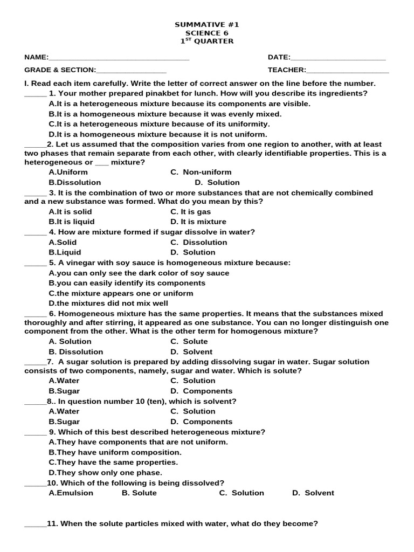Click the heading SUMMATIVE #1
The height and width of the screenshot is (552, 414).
tap(207, 25)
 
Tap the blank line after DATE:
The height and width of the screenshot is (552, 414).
tap(338, 58)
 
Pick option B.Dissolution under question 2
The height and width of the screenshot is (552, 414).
tap(74, 182)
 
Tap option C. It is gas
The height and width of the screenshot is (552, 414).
tap(191, 212)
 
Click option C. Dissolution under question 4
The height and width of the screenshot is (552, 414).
tap(199, 242)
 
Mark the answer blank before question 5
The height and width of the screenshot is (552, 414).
tap(36, 264)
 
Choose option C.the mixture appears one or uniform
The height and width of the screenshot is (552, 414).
tap(121, 293)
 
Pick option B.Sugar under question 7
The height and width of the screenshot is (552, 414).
tap(64, 391)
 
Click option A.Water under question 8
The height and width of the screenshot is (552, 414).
tap(64, 411)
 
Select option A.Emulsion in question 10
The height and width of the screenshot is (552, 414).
tap(71, 493)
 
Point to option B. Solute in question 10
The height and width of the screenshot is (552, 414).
tap(139, 493)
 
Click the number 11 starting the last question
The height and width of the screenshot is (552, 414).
tap(52, 523)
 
